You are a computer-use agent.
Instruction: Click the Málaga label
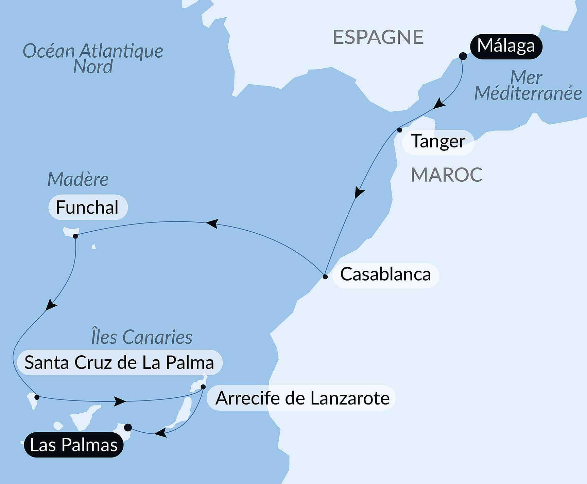point(506,47)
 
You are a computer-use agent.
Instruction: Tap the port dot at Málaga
point(463,56)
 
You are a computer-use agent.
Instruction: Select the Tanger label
point(438,142)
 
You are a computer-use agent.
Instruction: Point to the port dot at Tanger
point(399,130)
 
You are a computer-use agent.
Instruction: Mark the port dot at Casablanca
point(325,276)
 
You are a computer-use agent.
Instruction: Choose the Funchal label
point(87,208)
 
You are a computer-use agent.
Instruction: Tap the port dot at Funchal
point(75,236)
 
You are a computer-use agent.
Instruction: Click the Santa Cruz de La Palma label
point(119,363)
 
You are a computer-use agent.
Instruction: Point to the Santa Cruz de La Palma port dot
point(37,397)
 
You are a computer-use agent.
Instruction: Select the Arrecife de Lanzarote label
point(303,398)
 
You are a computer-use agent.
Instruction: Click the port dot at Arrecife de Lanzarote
point(203,387)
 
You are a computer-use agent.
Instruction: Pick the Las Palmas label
point(74,445)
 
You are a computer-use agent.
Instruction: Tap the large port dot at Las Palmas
point(128,427)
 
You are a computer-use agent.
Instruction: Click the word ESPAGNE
point(378,37)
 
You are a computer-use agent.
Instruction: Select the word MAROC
point(446,175)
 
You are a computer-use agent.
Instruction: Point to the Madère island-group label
point(78,179)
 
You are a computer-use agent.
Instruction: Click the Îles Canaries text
point(141,337)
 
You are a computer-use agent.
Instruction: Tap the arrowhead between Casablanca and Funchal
point(212,223)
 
